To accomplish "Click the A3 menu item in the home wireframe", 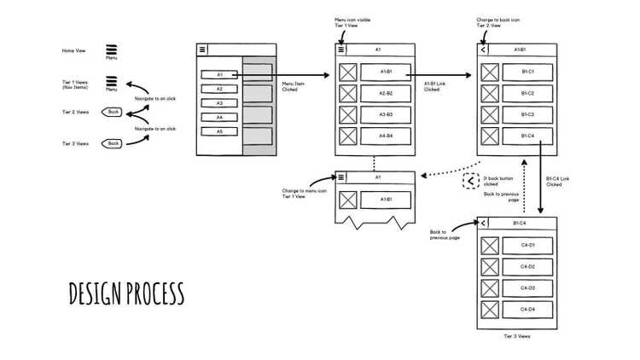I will click(x=219, y=103).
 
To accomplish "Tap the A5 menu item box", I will click(x=219, y=131).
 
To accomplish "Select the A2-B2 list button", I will click(x=386, y=93).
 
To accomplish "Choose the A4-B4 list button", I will click(x=386, y=136).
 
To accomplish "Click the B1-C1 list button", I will click(x=527, y=72).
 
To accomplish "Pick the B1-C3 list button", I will click(x=527, y=114).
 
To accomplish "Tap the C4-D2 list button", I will click(x=527, y=267).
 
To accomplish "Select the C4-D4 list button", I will click(x=527, y=309).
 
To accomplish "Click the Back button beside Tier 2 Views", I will click(x=112, y=112).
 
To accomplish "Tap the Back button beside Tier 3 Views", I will click(x=112, y=143).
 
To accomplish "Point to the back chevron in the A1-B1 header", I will click(x=484, y=49).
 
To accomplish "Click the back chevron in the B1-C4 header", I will click(x=484, y=223).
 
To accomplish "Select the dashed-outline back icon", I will click(x=470, y=181).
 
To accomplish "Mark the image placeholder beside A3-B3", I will click(x=347, y=114).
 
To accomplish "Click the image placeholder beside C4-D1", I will click(x=489, y=246).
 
